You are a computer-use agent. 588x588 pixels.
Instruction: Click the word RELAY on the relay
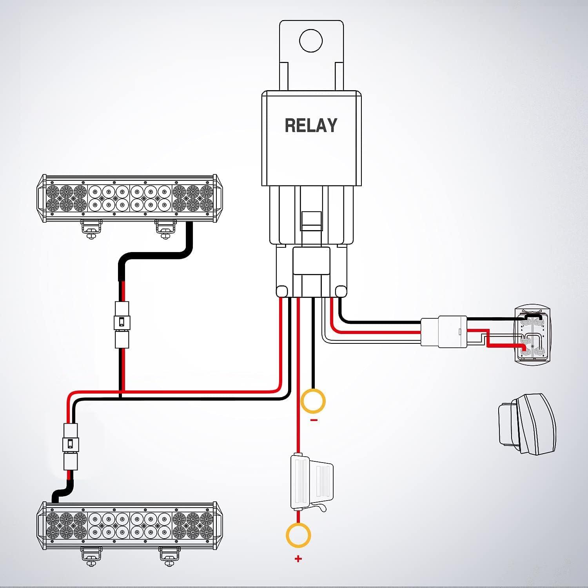311,125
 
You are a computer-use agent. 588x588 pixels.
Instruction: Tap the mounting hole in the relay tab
310,40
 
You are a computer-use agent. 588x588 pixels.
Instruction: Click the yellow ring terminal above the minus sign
313,401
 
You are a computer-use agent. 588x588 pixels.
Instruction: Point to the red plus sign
298,559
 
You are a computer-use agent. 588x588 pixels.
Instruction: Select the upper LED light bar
128,198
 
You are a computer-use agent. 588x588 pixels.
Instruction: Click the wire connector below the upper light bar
122,325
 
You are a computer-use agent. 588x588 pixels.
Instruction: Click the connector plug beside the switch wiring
444,332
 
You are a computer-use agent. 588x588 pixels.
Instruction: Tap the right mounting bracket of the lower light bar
170,556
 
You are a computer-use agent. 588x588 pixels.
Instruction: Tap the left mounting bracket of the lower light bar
91,556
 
